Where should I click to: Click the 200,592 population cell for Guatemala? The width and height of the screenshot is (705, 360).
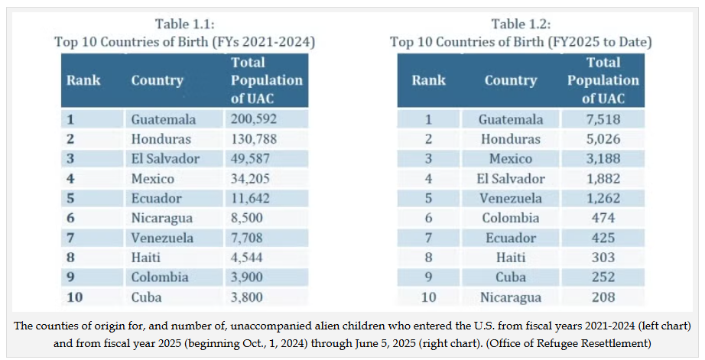[x=253, y=119]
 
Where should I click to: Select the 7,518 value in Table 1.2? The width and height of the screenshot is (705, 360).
[x=603, y=119]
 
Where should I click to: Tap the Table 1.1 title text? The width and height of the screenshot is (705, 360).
[x=184, y=32]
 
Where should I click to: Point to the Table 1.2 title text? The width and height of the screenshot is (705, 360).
[x=521, y=32]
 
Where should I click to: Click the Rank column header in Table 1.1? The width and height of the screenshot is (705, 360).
[x=83, y=80]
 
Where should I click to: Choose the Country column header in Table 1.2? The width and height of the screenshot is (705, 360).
[x=510, y=80]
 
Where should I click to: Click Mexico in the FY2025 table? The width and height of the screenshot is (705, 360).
[x=510, y=158]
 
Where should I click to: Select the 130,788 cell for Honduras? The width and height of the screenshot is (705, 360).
[x=253, y=139]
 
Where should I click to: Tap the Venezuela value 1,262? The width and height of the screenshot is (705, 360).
[x=603, y=198]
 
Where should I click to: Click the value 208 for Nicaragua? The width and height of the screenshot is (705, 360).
[x=603, y=297]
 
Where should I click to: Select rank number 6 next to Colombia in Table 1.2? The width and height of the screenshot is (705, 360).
[x=428, y=218]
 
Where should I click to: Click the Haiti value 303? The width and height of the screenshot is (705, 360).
[x=603, y=258]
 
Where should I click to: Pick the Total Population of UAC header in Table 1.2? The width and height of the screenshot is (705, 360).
[x=603, y=80]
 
